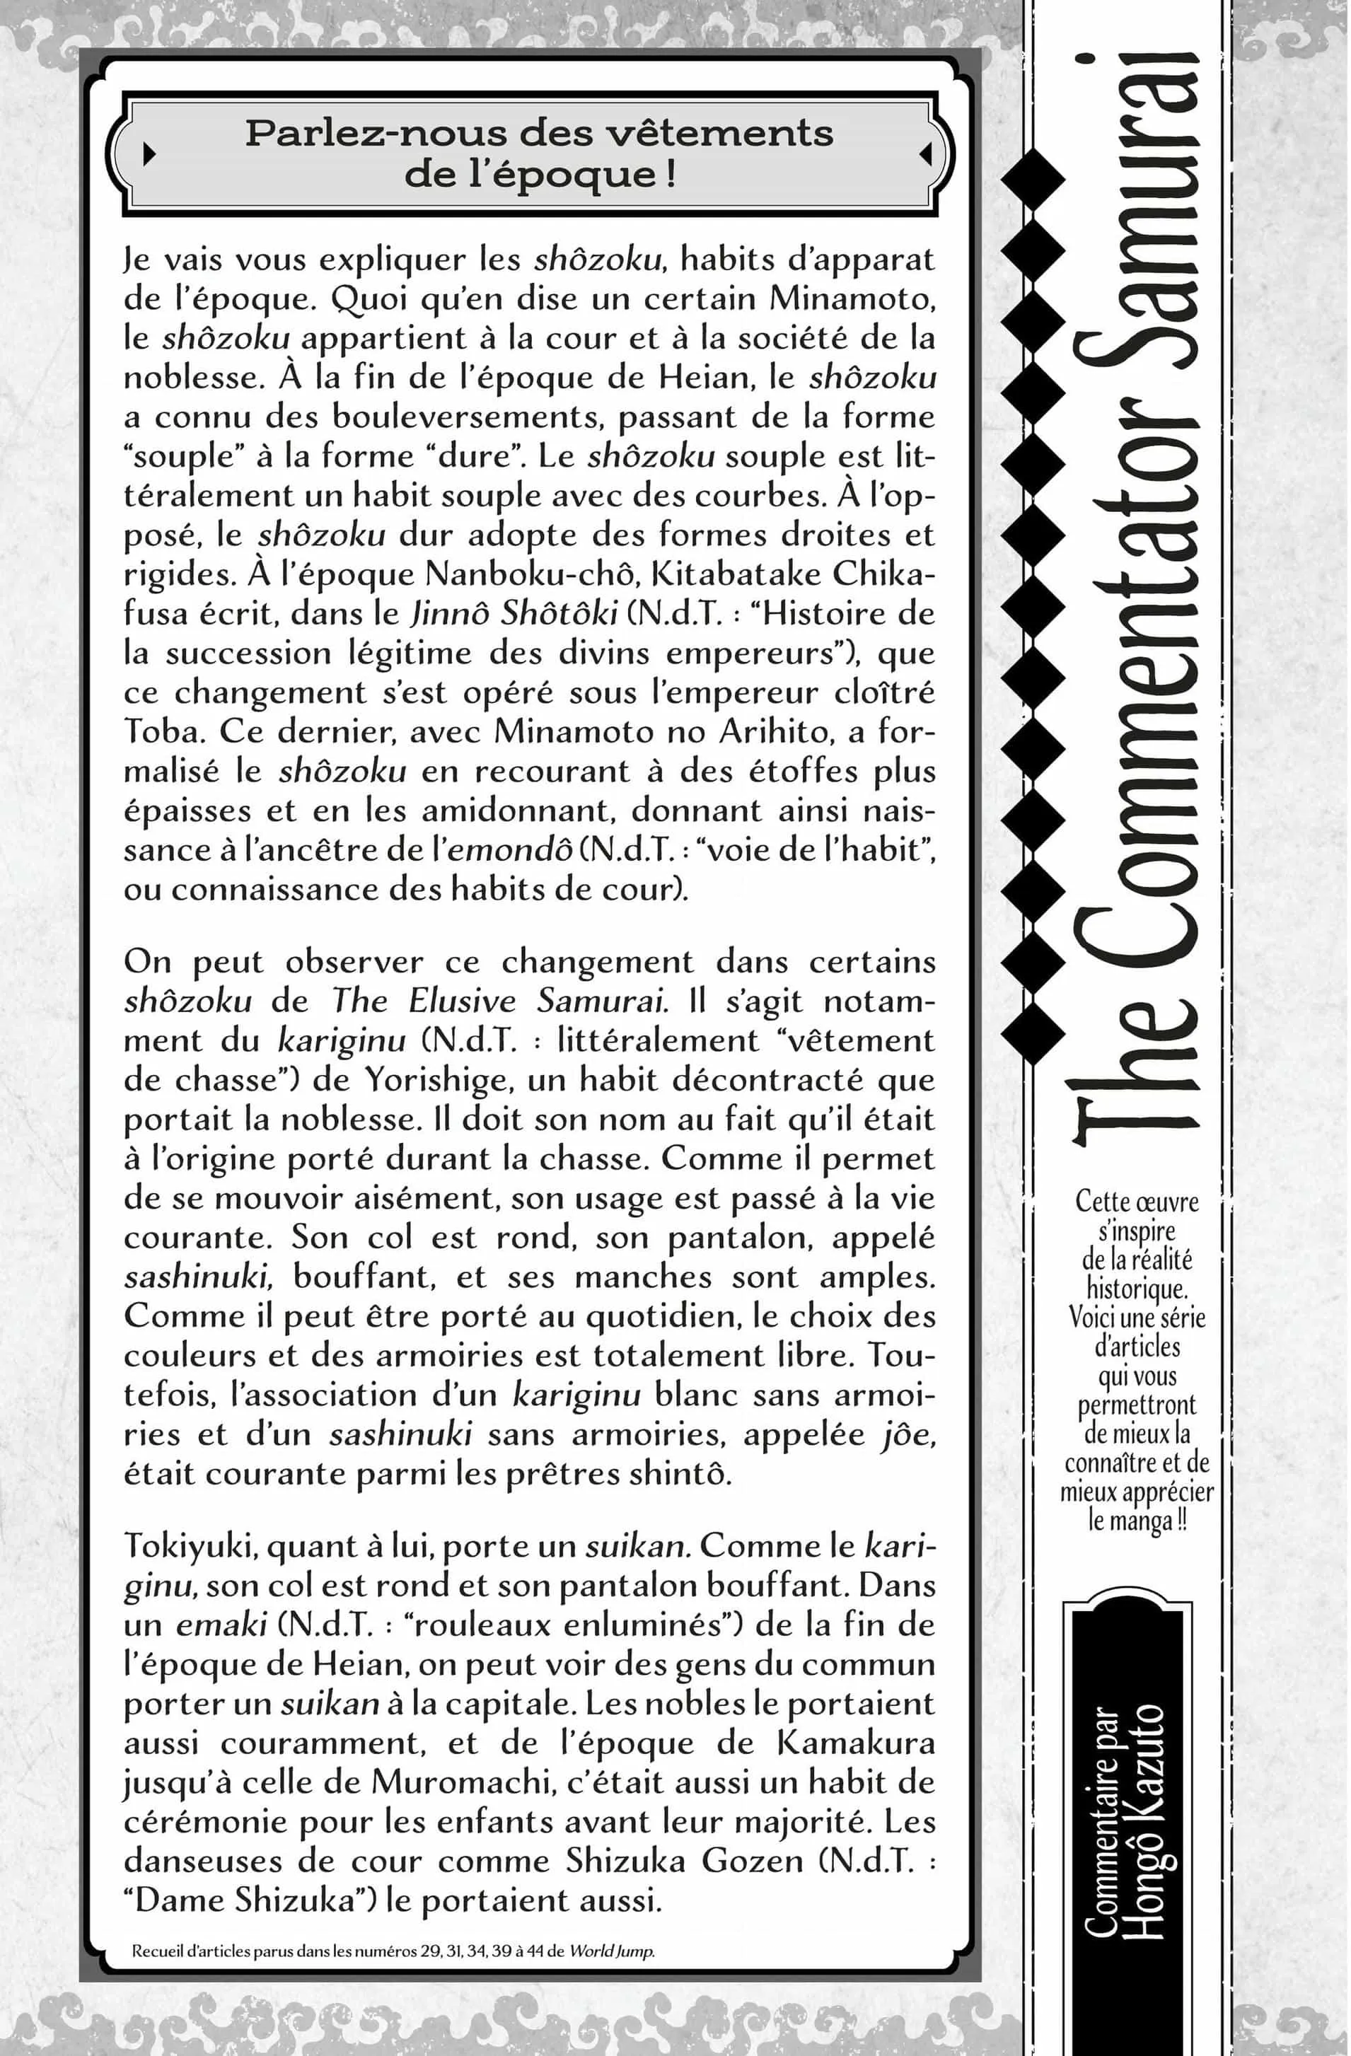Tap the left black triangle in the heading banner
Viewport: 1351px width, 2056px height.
pyautogui.click(x=149, y=153)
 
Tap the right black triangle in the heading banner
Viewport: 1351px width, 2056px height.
pyautogui.click(x=925, y=153)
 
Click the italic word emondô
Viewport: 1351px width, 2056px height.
pyautogui.click(x=510, y=850)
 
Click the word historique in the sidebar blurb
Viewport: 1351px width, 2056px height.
pyautogui.click(x=1136, y=1288)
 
